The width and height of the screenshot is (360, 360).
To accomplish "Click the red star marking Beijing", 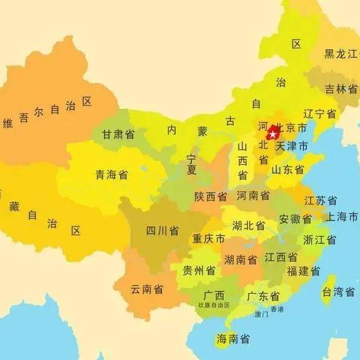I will click(273, 134).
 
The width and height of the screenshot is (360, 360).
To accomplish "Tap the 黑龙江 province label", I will click(341, 54).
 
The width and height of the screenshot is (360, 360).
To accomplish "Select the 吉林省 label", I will click(341, 89).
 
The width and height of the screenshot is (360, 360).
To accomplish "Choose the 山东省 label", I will click(287, 170).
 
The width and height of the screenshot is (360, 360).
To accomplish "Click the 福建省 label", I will click(303, 270).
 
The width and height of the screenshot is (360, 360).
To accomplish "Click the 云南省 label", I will click(147, 289).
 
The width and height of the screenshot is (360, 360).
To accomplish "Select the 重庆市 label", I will click(208, 239).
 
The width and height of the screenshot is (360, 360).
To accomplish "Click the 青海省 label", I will click(112, 174).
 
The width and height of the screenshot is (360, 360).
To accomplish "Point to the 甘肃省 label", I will click(118, 134).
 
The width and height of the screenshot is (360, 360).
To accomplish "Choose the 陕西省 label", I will click(211, 197).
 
